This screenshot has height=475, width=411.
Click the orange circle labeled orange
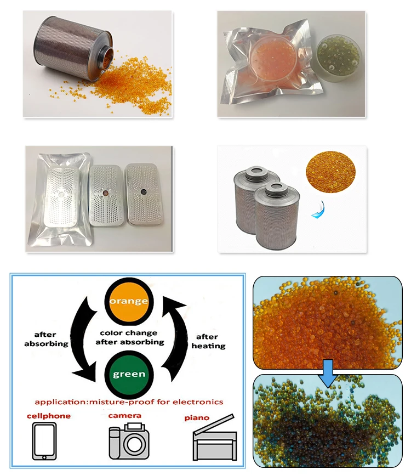129,301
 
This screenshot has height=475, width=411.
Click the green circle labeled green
129,375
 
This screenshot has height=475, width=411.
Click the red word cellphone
49,416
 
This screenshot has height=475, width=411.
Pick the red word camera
125,415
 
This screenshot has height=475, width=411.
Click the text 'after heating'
208,341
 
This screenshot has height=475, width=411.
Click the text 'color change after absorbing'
129,337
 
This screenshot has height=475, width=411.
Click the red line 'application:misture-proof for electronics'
129,402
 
